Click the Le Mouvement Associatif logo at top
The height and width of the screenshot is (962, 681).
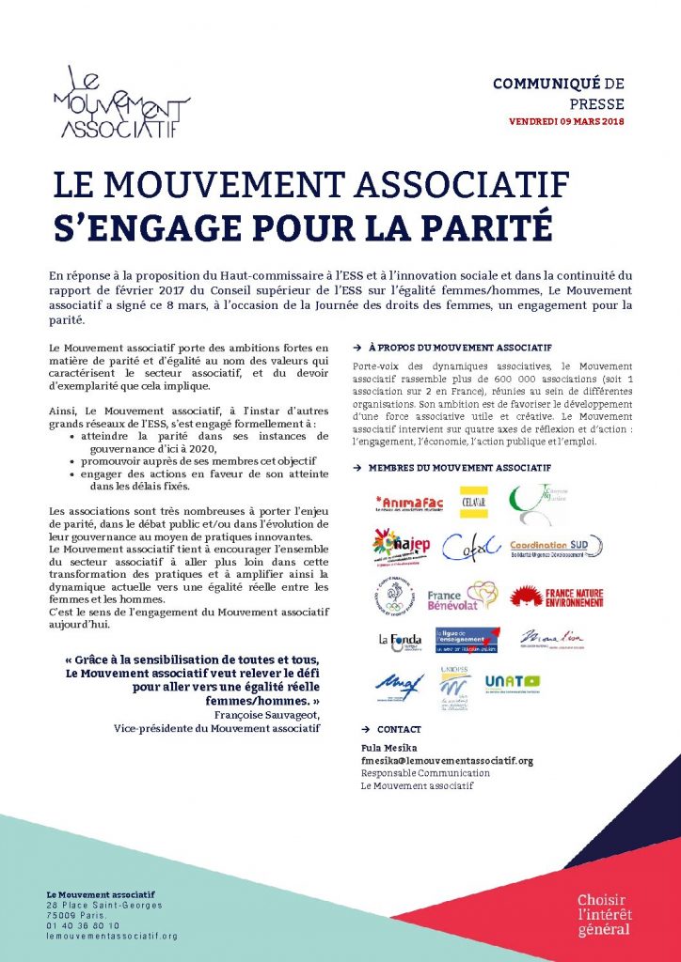click(121, 102)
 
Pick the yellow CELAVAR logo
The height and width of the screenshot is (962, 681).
click(472, 502)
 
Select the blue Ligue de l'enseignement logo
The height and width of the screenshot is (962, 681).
click(467, 640)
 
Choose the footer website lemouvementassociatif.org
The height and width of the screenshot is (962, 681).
click(112, 936)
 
